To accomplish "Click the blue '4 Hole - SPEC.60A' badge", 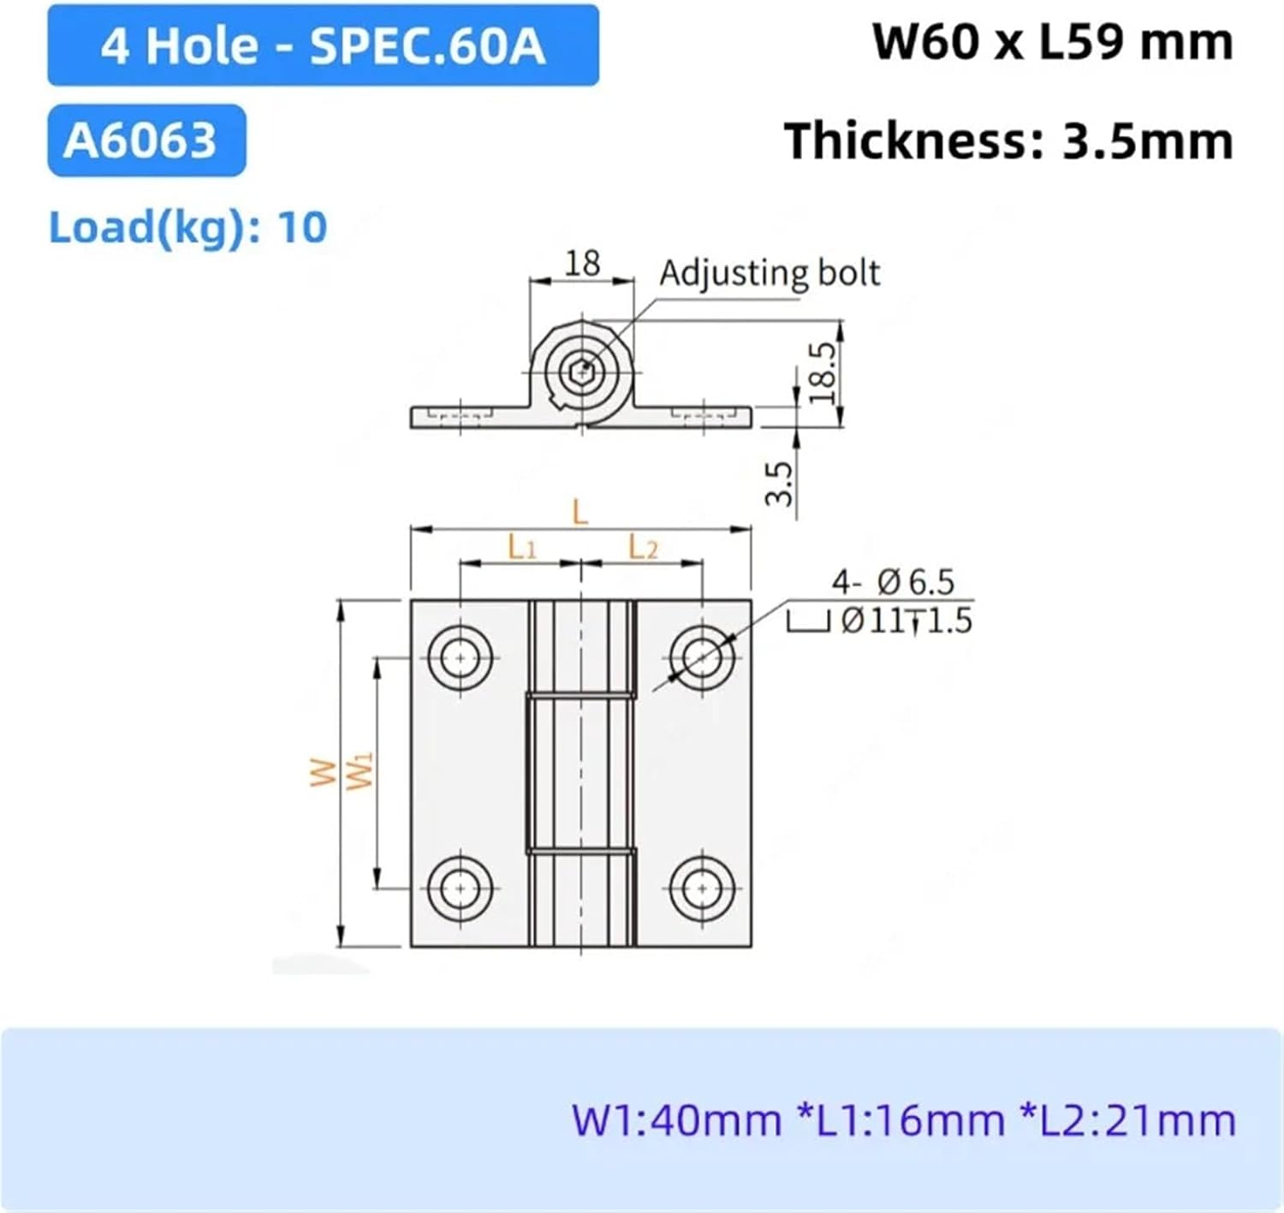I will [323, 45].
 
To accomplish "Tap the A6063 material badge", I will [146, 140].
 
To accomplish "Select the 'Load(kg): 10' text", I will [187, 228].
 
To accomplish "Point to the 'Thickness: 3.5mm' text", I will [1008, 141].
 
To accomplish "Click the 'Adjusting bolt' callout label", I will [769, 273].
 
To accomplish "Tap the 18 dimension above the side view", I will [582, 263].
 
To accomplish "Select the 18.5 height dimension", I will [821, 372].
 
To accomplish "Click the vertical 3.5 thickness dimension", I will [778, 484].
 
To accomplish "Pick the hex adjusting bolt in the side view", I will [582, 372].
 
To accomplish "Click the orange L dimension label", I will [580, 513].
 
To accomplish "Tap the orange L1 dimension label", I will [521, 547].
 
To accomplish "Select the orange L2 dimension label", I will [643, 547].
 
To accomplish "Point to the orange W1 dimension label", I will [360, 770].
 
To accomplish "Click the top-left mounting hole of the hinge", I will [461, 658].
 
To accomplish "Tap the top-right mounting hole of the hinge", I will [702, 658].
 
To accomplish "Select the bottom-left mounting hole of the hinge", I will [461, 889].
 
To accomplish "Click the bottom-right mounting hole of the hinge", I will [702, 889].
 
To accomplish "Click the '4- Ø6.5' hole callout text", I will [892, 582].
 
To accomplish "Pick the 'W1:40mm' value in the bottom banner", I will [675, 1121].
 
